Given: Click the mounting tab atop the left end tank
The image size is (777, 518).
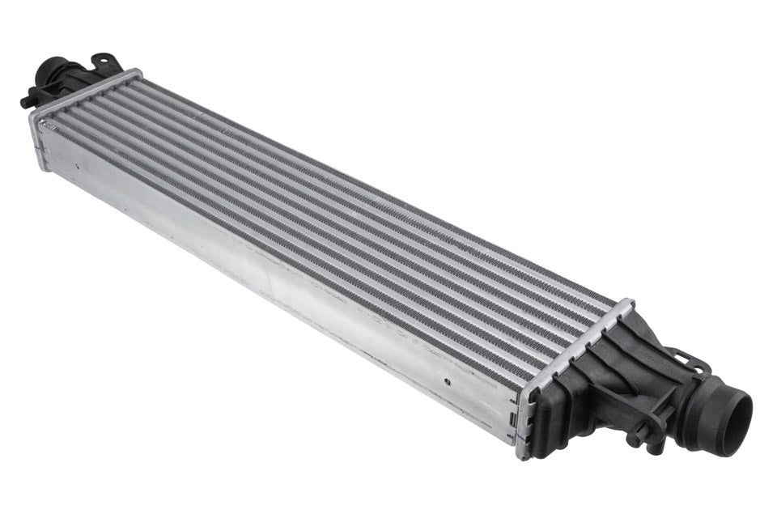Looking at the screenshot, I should pos(104,62).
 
